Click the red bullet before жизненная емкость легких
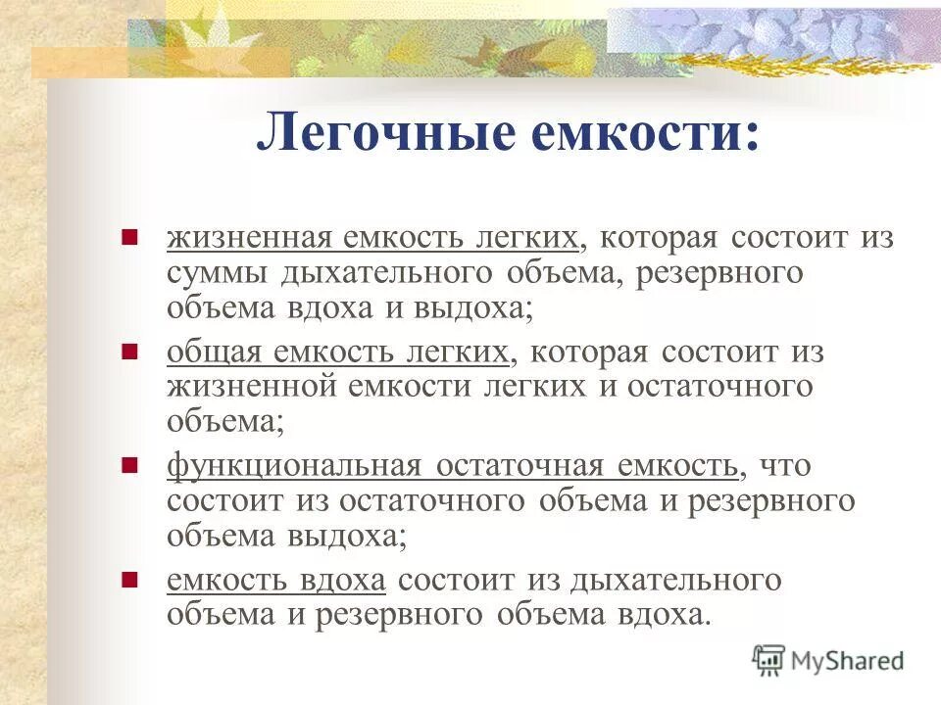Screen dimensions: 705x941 128,237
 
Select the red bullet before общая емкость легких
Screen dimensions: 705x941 128,350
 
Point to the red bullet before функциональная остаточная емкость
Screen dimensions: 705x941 128,463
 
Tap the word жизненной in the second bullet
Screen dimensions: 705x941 251,387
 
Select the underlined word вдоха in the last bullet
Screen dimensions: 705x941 339,579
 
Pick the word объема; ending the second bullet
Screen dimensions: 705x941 225,422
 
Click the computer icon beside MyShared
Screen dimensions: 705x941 770,660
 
